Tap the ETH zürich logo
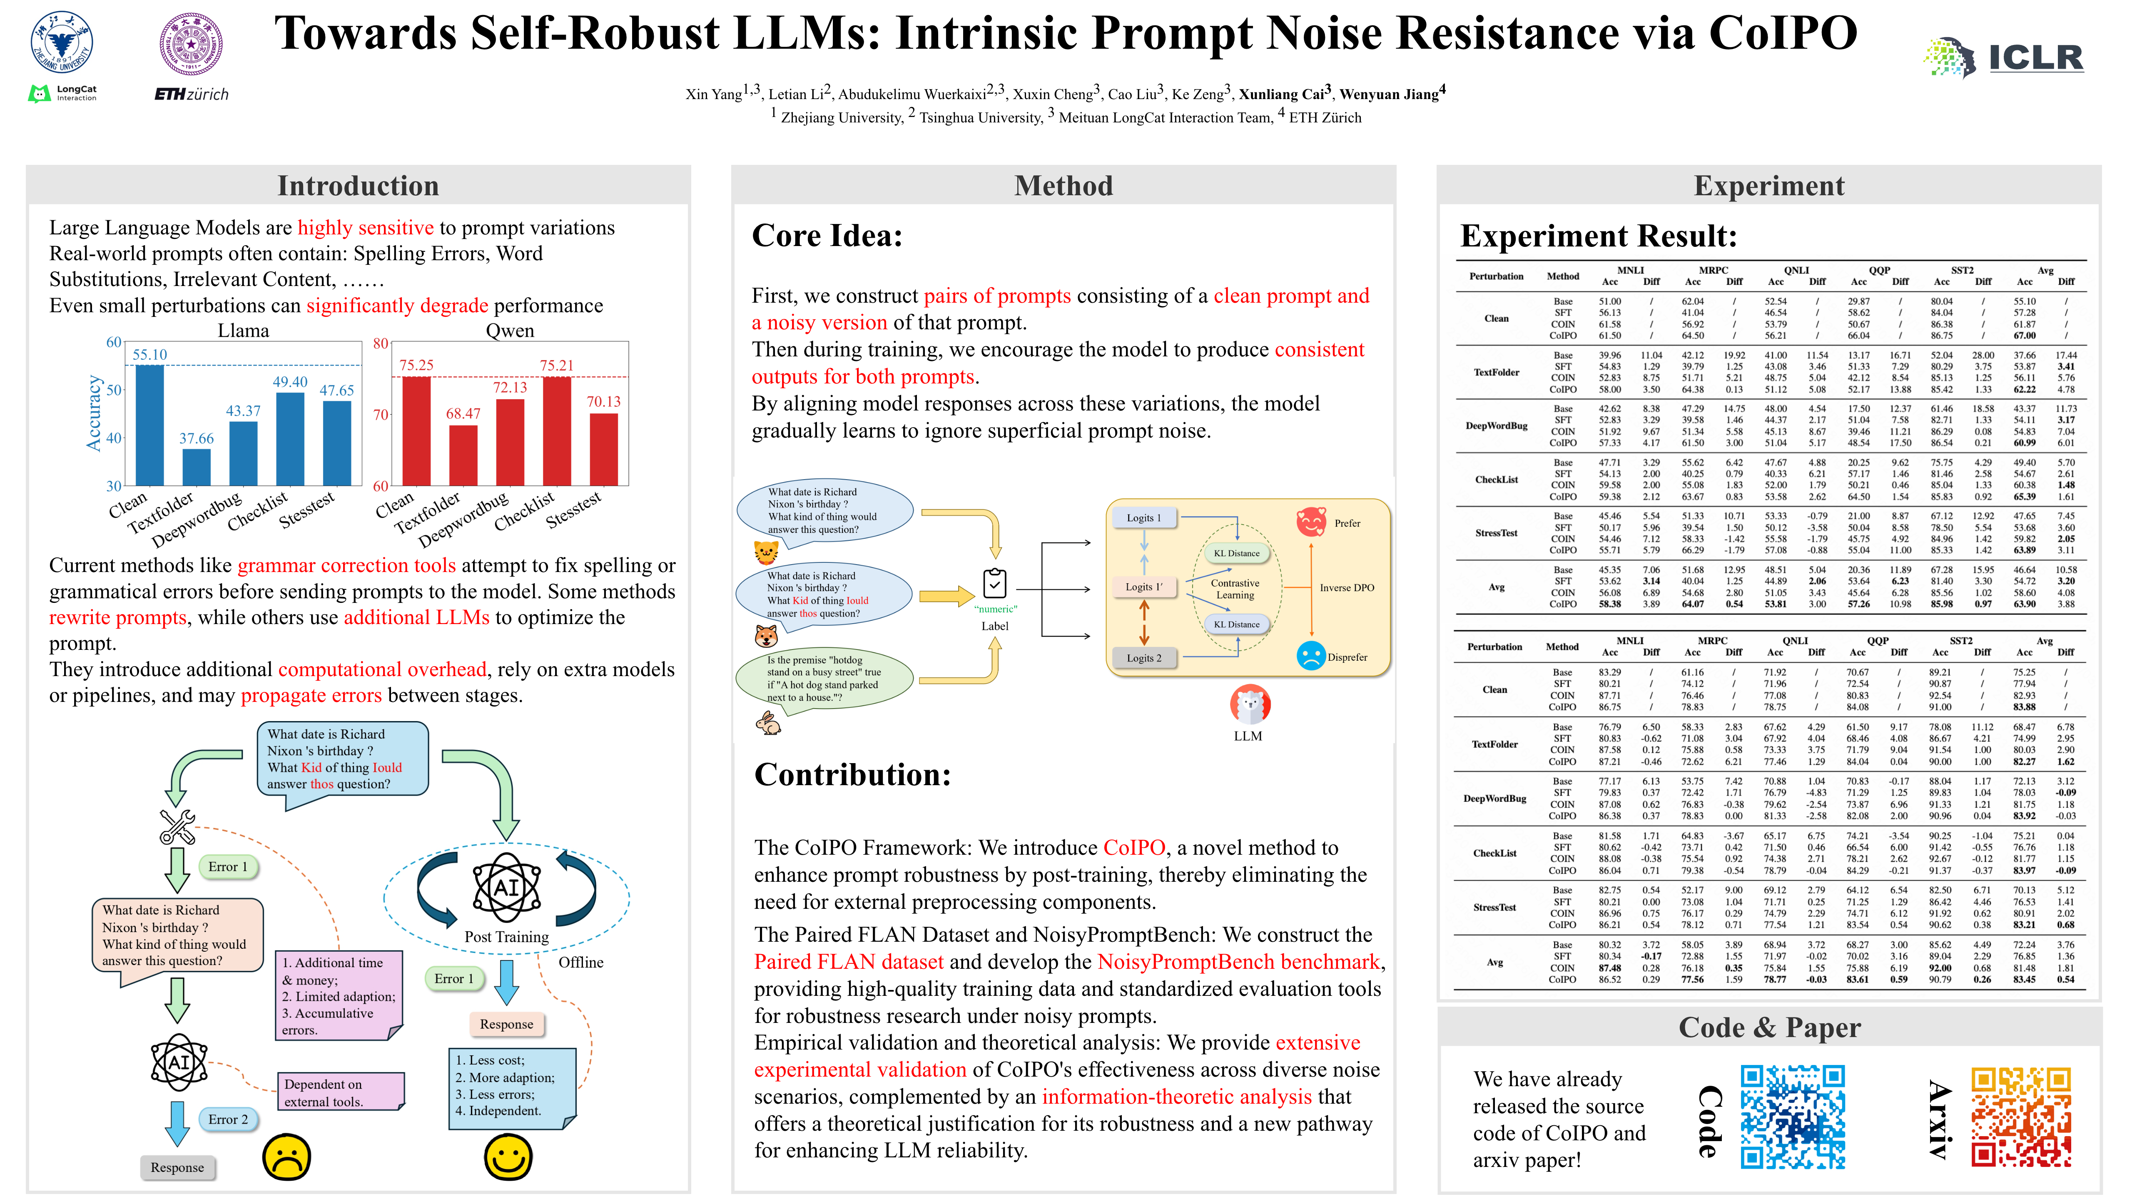pos(191,95)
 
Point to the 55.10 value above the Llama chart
pos(150,354)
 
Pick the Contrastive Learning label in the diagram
pos(1235,588)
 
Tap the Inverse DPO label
pos(1347,587)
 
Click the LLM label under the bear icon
pos(1247,736)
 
